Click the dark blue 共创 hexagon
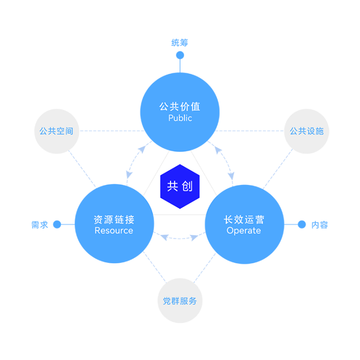point(180,186)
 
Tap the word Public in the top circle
point(180,118)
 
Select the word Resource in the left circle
point(114,230)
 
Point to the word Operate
point(244,231)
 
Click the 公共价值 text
point(180,107)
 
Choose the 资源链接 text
point(114,220)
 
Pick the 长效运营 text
point(244,220)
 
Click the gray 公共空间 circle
point(57,131)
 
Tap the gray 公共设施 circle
point(307,131)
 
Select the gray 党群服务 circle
point(180,301)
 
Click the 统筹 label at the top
point(180,43)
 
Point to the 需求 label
point(40,225)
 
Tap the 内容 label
point(320,225)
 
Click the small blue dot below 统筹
point(180,55)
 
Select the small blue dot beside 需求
point(57,224)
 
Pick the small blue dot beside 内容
point(302,224)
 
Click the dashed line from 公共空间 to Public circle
point(112,131)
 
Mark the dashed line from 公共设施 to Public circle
point(249,131)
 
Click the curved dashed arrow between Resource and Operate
point(180,238)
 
